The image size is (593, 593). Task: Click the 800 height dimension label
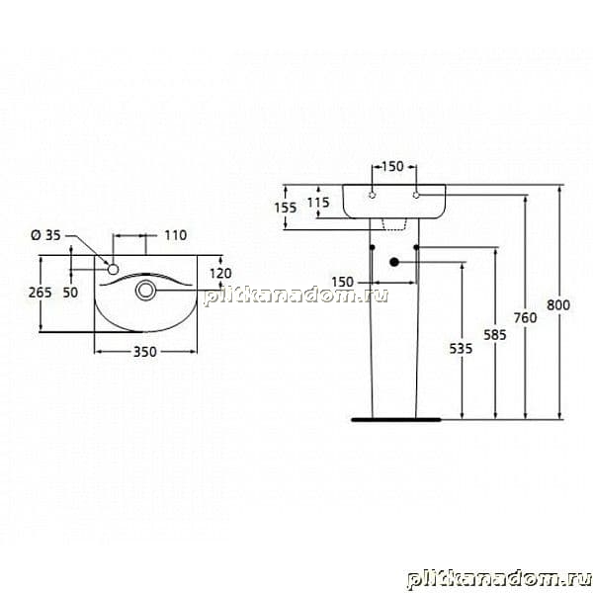(558, 304)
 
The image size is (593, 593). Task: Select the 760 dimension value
(526, 317)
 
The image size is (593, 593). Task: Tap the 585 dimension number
(495, 335)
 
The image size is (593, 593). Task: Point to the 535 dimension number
(461, 348)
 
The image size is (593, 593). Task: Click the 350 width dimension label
(145, 352)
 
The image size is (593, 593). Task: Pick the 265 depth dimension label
(41, 293)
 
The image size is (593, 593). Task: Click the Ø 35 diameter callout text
(45, 235)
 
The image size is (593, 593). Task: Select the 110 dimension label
(176, 235)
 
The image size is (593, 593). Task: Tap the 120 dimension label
(220, 273)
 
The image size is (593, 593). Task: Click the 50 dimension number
(70, 293)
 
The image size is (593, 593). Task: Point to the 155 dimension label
(286, 208)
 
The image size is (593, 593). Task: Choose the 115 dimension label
(318, 203)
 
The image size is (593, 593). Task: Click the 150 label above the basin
(392, 166)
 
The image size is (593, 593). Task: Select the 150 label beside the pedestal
(342, 282)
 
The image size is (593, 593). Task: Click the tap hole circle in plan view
(113, 269)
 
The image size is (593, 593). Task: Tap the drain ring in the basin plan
(145, 290)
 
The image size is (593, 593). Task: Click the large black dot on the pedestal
(394, 262)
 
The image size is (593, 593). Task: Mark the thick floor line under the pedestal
(396, 419)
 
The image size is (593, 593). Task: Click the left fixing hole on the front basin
(373, 195)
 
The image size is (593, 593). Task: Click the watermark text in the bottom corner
(499, 579)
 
